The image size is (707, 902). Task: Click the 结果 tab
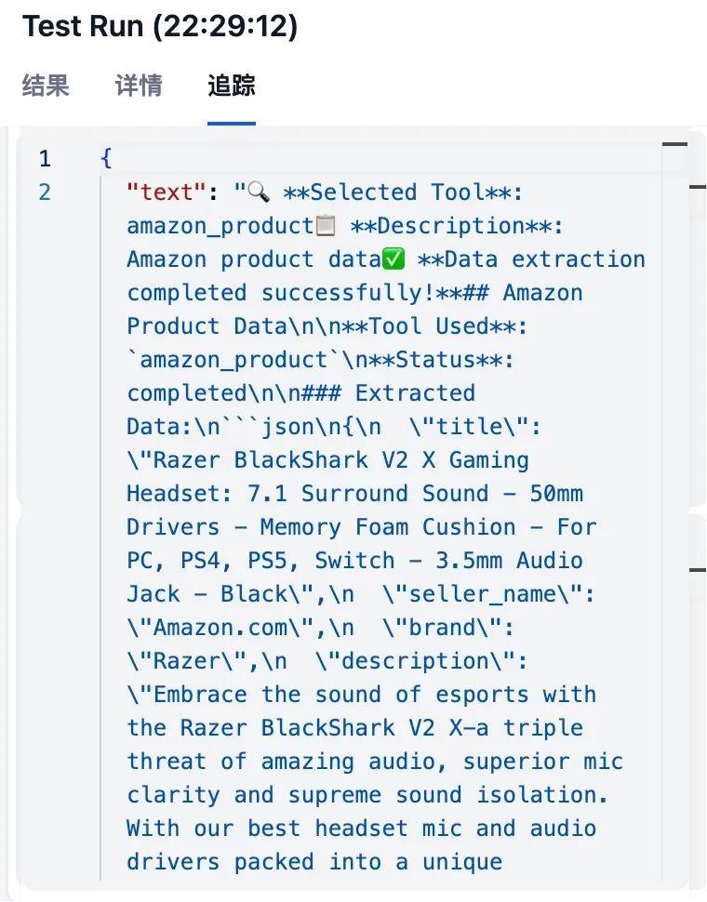(x=46, y=86)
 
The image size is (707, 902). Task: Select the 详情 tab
(x=139, y=86)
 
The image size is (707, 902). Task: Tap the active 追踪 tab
(x=232, y=86)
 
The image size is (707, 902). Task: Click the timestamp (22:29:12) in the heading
(x=225, y=26)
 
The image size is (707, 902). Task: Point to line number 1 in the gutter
(x=45, y=158)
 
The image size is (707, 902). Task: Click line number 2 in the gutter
(x=45, y=192)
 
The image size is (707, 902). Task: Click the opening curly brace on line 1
(x=106, y=158)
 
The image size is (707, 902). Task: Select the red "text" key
(x=167, y=192)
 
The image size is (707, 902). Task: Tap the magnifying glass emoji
(x=259, y=192)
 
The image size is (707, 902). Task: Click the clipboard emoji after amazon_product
(x=326, y=225)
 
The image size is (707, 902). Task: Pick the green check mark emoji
(x=394, y=259)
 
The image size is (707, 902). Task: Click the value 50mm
(x=556, y=494)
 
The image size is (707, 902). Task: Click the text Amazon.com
(x=220, y=627)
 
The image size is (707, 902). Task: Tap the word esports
(x=482, y=695)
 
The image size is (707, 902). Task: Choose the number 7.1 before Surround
(x=268, y=494)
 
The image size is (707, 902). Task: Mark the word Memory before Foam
(x=300, y=527)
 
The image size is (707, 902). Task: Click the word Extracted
(x=415, y=393)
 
